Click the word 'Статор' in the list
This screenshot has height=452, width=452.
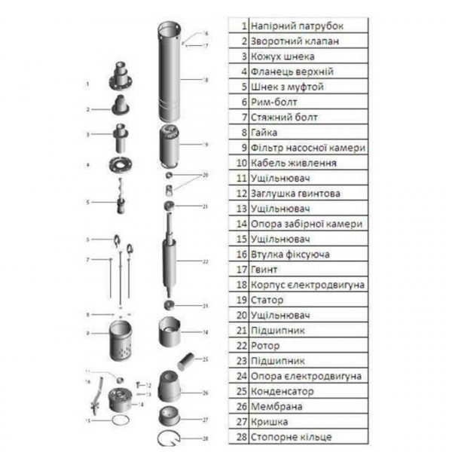pyautogui.click(x=267, y=300)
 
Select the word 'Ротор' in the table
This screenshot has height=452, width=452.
pyautogui.click(x=265, y=346)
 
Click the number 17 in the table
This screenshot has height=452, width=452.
pyautogui.click(x=241, y=270)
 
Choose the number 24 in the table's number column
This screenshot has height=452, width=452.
pyautogui.click(x=241, y=376)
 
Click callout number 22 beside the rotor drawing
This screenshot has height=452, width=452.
pyautogui.click(x=205, y=261)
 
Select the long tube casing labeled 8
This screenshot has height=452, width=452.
pyautogui.click(x=173, y=75)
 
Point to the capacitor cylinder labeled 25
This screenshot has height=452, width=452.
pyautogui.click(x=185, y=364)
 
